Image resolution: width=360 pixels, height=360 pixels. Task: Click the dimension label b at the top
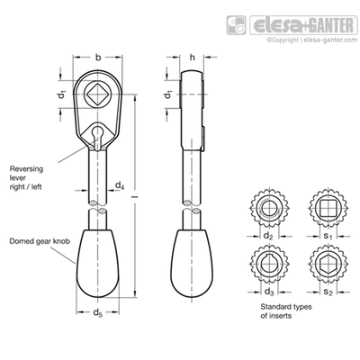tap(98, 57)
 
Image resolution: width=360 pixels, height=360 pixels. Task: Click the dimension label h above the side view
tap(193, 57)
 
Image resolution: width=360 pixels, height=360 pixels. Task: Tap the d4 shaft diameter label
tap(120, 186)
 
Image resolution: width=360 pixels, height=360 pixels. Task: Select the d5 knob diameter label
tap(97, 313)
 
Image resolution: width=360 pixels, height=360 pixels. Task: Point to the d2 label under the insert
tap(268, 237)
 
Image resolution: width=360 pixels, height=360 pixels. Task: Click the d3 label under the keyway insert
tap(269, 292)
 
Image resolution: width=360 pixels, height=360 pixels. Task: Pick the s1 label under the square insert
tap(328, 237)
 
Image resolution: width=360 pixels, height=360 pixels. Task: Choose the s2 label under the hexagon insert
tap(328, 292)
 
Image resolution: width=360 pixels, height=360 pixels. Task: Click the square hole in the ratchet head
tap(97, 94)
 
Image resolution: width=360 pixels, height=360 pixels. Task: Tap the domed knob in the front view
tap(97, 264)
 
